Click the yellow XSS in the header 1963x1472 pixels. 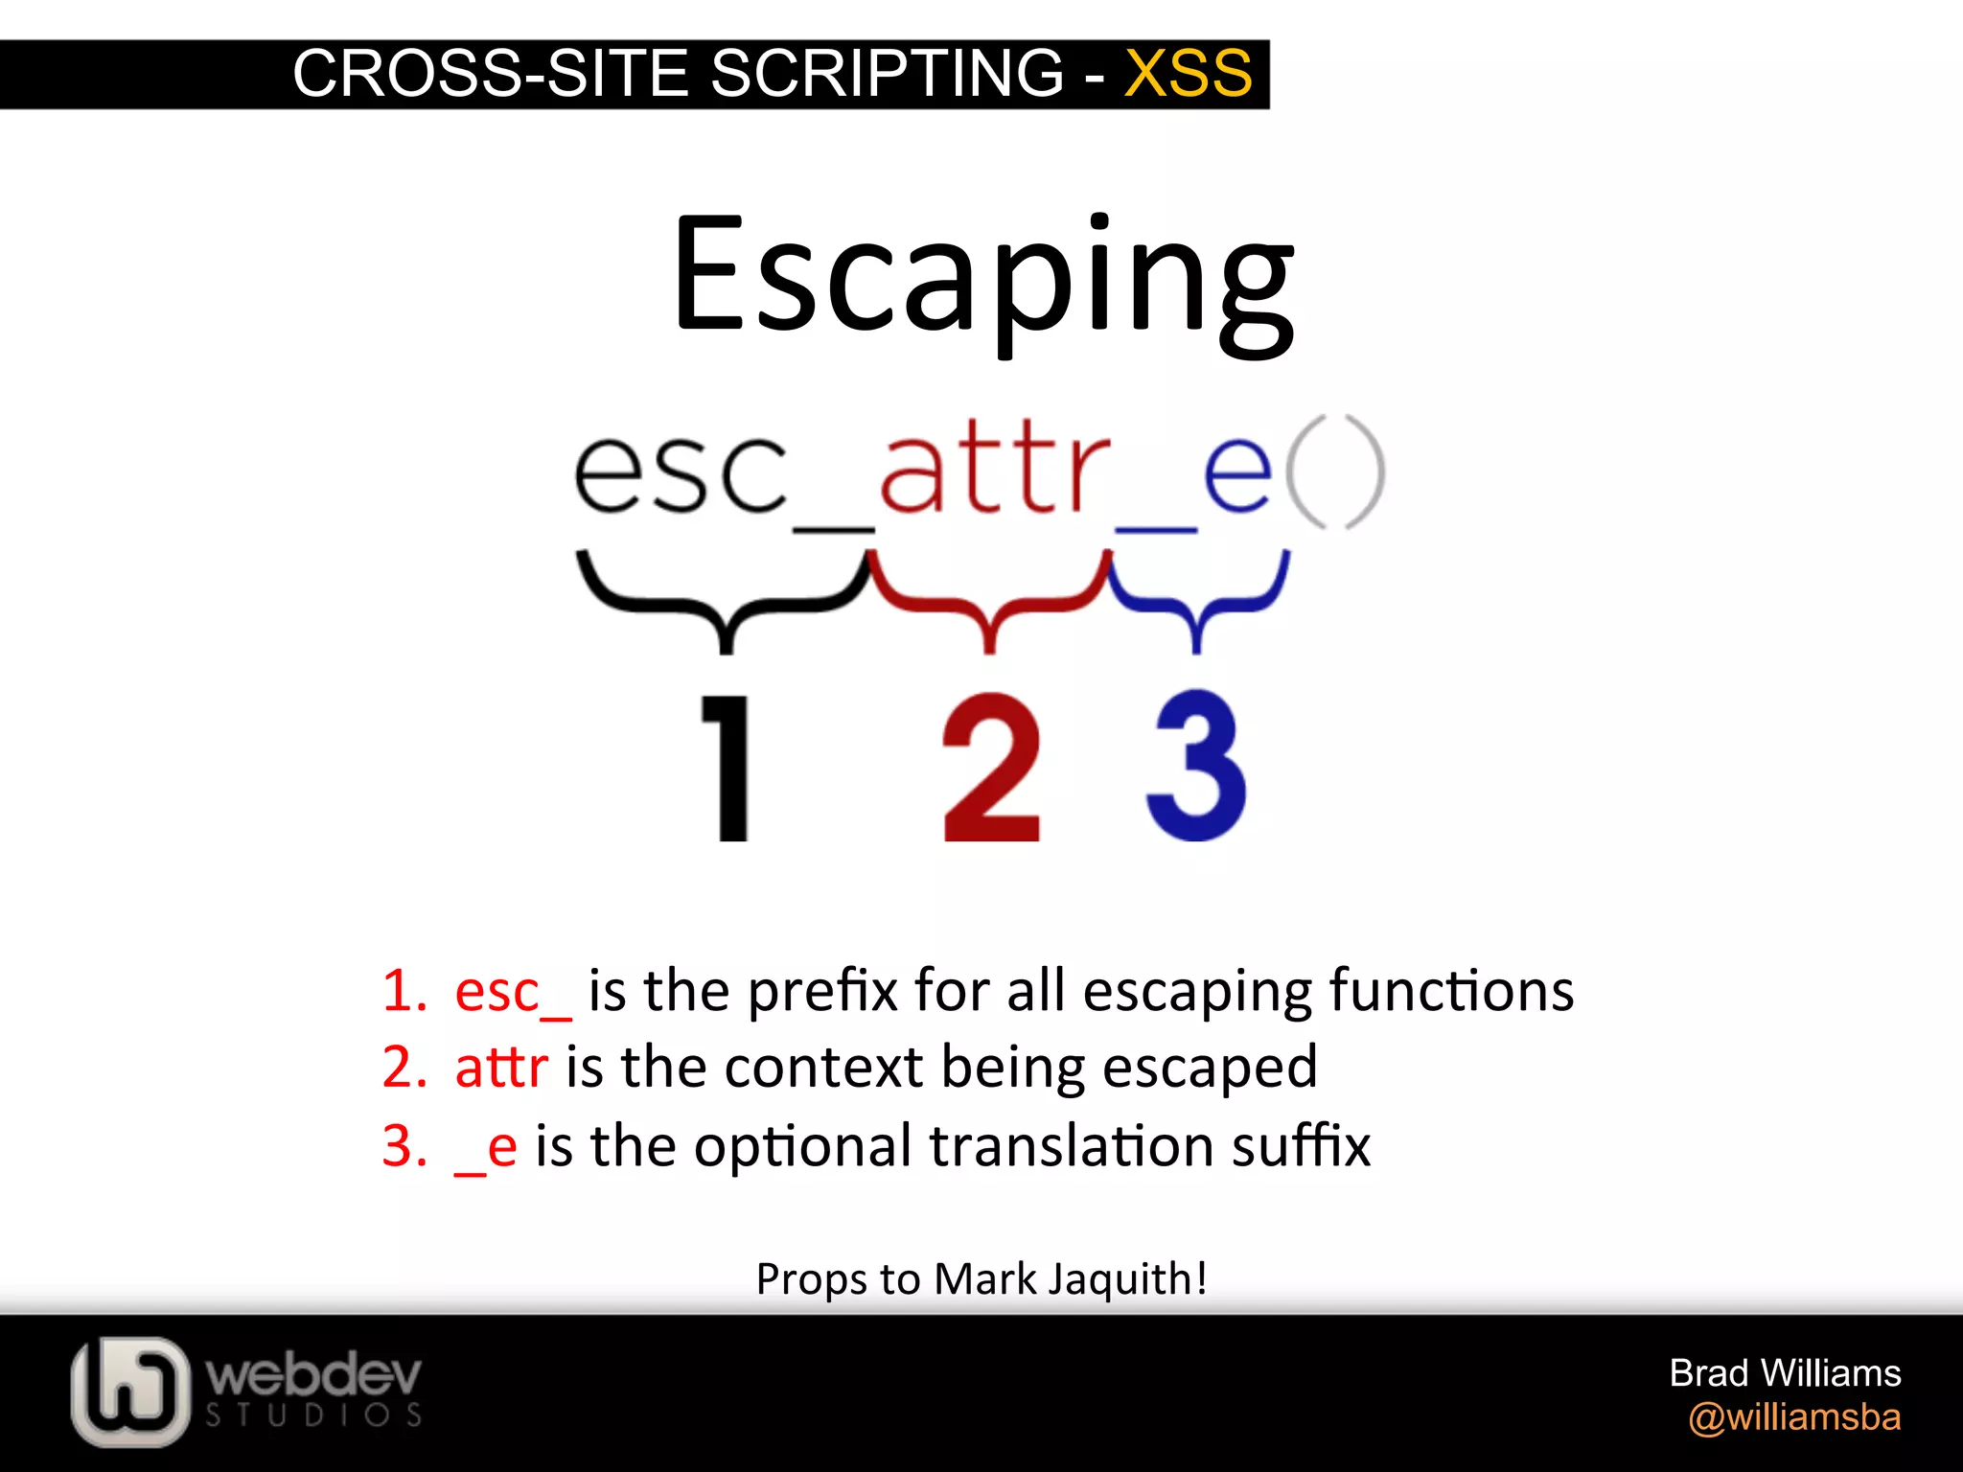(x=1188, y=73)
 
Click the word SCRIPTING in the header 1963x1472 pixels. (x=887, y=73)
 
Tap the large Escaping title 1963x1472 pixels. (x=982, y=278)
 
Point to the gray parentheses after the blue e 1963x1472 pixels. (x=1334, y=471)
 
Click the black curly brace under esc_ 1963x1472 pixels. (x=725, y=599)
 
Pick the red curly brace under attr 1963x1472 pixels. (x=990, y=599)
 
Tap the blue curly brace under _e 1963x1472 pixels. (x=1196, y=599)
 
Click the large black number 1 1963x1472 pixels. (x=728, y=767)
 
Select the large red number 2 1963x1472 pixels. (x=991, y=767)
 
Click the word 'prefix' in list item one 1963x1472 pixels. (x=822, y=992)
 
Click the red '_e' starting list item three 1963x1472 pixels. (x=486, y=1147)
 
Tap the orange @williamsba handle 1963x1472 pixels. (x=1794, y=1416)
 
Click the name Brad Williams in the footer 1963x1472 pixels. (x=1785, y=1372)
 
